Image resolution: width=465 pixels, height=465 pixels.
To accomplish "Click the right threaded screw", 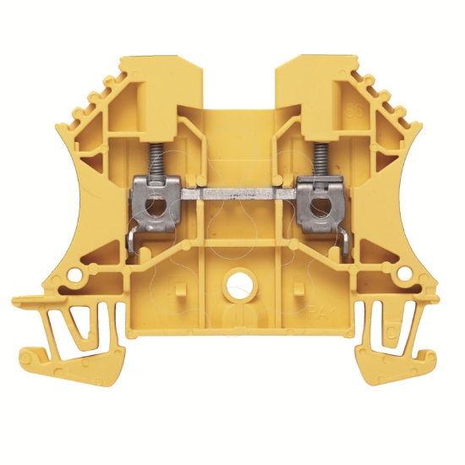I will (x=321, y=156).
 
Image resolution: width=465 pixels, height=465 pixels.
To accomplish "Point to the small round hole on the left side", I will (x=77, y=276).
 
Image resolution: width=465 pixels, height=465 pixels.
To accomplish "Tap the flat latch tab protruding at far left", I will (x=30, y=299).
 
